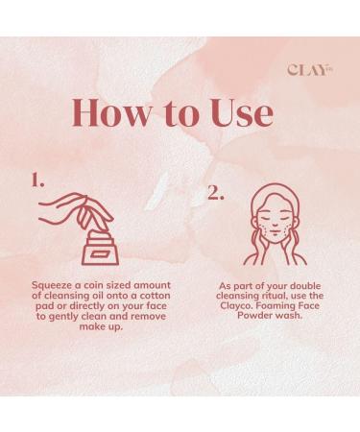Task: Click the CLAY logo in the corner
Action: [x=310, y=70]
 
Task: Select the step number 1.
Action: [x=37, y=180]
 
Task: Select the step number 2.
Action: [x=215, y=193]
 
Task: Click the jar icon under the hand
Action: [x=101, y=249]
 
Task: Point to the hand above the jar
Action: [x=77, y=210]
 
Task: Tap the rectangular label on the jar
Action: [x=100, y=254]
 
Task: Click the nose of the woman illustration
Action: [x=274, y=222]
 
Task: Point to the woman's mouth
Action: [x=274, y=231]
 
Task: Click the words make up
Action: [x=101, y=327]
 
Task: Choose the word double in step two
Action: [x=304, y=285]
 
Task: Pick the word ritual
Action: [x=272, y=296]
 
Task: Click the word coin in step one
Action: [x=94, y=285]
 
